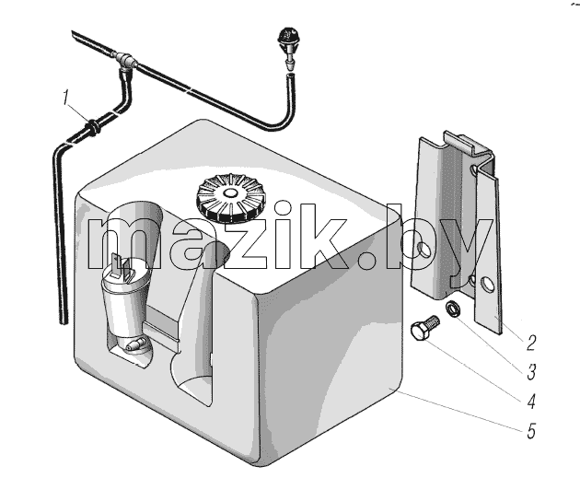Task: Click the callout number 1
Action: tap(66, 98)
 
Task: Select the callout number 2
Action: tap(531, 343)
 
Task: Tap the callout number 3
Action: tap(531, 372)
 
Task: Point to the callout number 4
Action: tap(531, 402)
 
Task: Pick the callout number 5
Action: tap(531, 431)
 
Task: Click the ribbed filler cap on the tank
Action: tap(229, 197)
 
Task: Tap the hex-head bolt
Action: tap(424, 328)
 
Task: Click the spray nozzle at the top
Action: tap(287, 47)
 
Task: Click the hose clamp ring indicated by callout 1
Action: tap(93, 127)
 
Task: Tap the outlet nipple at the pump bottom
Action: tap(135, 345)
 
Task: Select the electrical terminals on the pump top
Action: tap(122, 267)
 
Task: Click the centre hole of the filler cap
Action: tap(229, 193)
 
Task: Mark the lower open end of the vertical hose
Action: tap(64, 322)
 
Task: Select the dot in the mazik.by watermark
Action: tap(371, 258)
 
